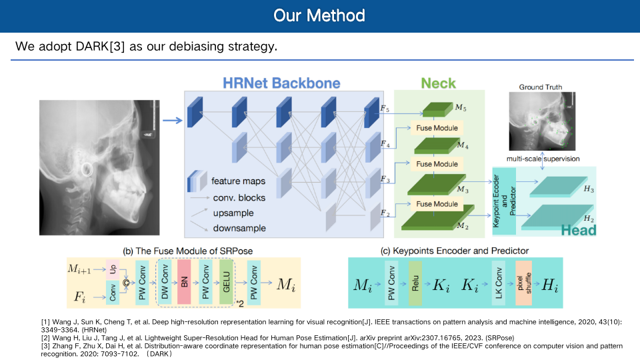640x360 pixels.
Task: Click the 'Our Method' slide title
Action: pos(319,15)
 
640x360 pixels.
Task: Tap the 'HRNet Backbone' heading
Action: pos(281,83)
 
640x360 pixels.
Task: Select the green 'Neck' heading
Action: pos(438,83)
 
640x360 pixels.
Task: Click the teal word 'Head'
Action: pos(579,230)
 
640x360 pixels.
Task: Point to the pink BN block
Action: pos(184,282)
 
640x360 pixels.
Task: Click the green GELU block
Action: pos(226,282)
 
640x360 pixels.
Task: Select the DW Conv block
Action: pos(165,282)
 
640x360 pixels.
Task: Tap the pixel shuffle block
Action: pos(524,283)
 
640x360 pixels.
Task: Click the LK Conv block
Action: pos(499,283)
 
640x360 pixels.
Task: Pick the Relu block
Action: pos(415,283)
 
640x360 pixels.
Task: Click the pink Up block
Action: pos(113,269)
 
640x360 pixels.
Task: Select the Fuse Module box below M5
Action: pos(437,128)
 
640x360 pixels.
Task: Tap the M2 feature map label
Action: pos(463,226)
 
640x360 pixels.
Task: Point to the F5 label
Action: pos(385,109)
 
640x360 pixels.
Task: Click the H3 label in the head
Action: pos(589,189)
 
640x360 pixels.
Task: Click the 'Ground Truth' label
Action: pos(541,87)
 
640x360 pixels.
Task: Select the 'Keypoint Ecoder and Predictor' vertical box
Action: pos(504,201)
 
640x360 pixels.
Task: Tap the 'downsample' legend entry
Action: pos(239,228)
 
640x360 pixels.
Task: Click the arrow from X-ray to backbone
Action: pos(172,121)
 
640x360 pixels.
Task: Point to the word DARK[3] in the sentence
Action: pos(100,47)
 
